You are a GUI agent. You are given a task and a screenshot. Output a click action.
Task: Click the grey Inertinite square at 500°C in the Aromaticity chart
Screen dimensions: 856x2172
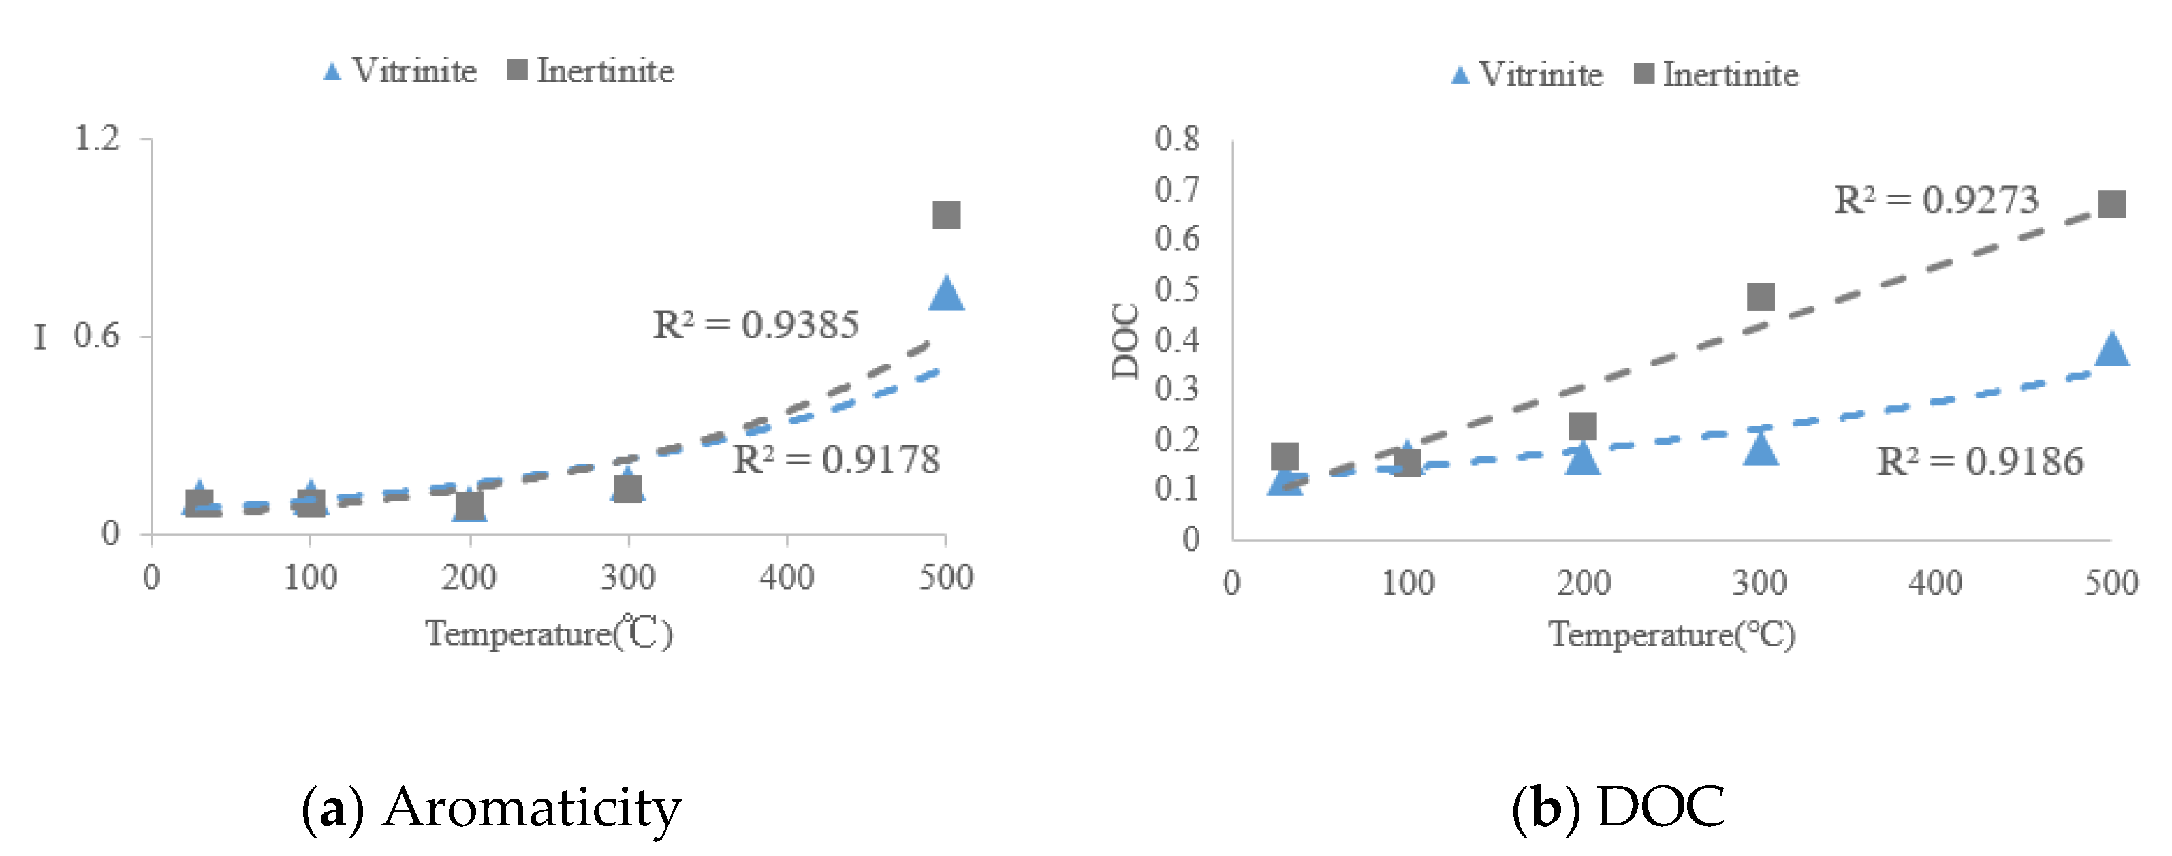click(x=946, y=215)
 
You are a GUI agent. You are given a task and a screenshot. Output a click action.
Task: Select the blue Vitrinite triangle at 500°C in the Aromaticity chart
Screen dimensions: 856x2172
click(x=946, y=294)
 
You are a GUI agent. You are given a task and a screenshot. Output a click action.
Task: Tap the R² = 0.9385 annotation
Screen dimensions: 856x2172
click(x=755, y=325)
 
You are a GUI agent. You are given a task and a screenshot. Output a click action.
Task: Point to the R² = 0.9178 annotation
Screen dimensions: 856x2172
click(x=836, y=460)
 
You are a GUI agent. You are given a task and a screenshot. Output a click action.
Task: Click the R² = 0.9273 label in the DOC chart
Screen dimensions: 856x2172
click(x=1936, y=201)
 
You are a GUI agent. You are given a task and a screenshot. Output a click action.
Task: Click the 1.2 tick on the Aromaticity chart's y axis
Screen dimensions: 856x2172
click(x=97, y=138)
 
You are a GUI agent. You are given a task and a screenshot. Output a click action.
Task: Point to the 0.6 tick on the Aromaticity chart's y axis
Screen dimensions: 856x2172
click(x=96, y=336)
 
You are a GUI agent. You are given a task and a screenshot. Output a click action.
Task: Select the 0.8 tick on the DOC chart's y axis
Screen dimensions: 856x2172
click(x=1177, y=139)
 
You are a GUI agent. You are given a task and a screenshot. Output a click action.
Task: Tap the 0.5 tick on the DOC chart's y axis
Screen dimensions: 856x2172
click(x=1177, y=289)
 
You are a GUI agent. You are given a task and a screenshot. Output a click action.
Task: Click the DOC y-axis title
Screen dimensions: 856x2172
click(x=1124, y=342)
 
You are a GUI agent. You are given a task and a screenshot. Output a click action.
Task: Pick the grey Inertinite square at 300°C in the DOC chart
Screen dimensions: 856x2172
click(x=1761, y=296)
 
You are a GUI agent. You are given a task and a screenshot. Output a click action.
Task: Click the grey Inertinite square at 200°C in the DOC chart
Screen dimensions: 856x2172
click(x=1583, y=426)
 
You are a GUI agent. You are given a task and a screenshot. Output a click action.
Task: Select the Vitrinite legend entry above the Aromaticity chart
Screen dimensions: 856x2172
click(x=400, y=71)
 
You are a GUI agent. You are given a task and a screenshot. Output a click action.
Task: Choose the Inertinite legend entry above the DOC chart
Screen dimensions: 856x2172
click(x=1716, y=74)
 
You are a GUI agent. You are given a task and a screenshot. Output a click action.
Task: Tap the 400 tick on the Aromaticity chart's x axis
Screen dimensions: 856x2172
click(x=786, y=577)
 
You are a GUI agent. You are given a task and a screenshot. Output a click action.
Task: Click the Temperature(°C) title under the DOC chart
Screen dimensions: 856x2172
click(x=1672, y=634)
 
